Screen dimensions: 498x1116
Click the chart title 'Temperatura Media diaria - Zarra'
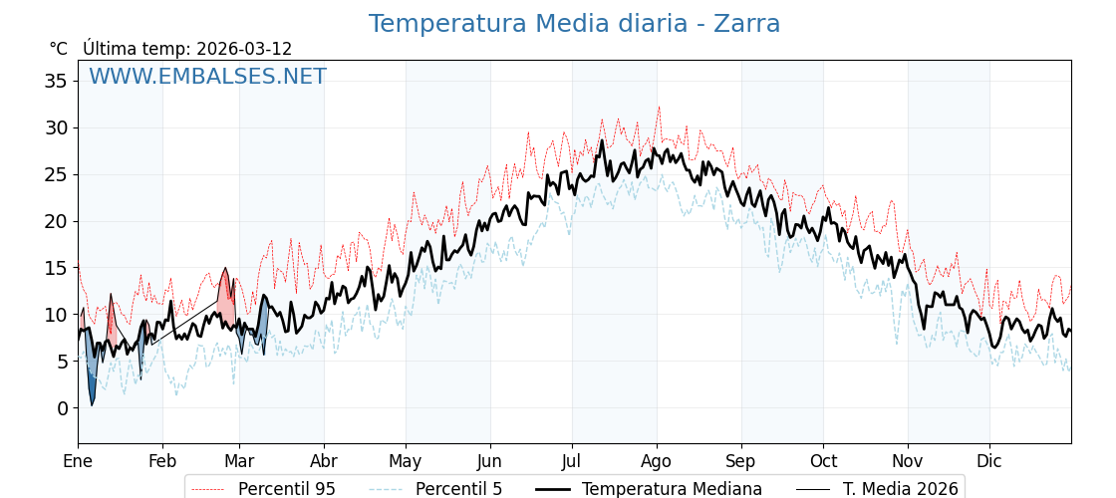coord(574,24)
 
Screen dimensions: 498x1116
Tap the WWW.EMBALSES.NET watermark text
coord(207,77)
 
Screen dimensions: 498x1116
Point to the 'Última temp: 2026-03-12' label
coord(187,49)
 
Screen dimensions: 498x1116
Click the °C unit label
coord(58,49)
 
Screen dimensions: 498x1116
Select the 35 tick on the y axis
coord(56,81)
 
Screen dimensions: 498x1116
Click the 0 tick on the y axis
coord(62,408)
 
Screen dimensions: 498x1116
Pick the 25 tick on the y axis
coord(56,174)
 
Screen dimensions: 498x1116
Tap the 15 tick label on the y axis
coord(56,268)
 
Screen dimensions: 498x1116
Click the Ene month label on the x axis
coord(78,461)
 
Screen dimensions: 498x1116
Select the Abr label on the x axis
coord(324,461)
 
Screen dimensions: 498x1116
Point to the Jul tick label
coord(572,461)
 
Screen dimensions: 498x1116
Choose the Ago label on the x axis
coord(657,461)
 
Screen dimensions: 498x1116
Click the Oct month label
coord(823,461)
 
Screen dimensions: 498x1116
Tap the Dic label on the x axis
coord(989,461)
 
